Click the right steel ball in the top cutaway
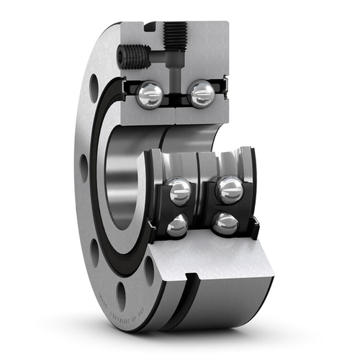coord(201,94)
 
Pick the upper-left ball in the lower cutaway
coord(179,192)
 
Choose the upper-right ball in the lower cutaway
coord(230,189)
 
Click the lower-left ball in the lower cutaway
coord(176,226)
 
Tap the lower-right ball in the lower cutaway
coord(225,223)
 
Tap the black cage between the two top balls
coord(175,95)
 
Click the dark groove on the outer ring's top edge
coord(149,27)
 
